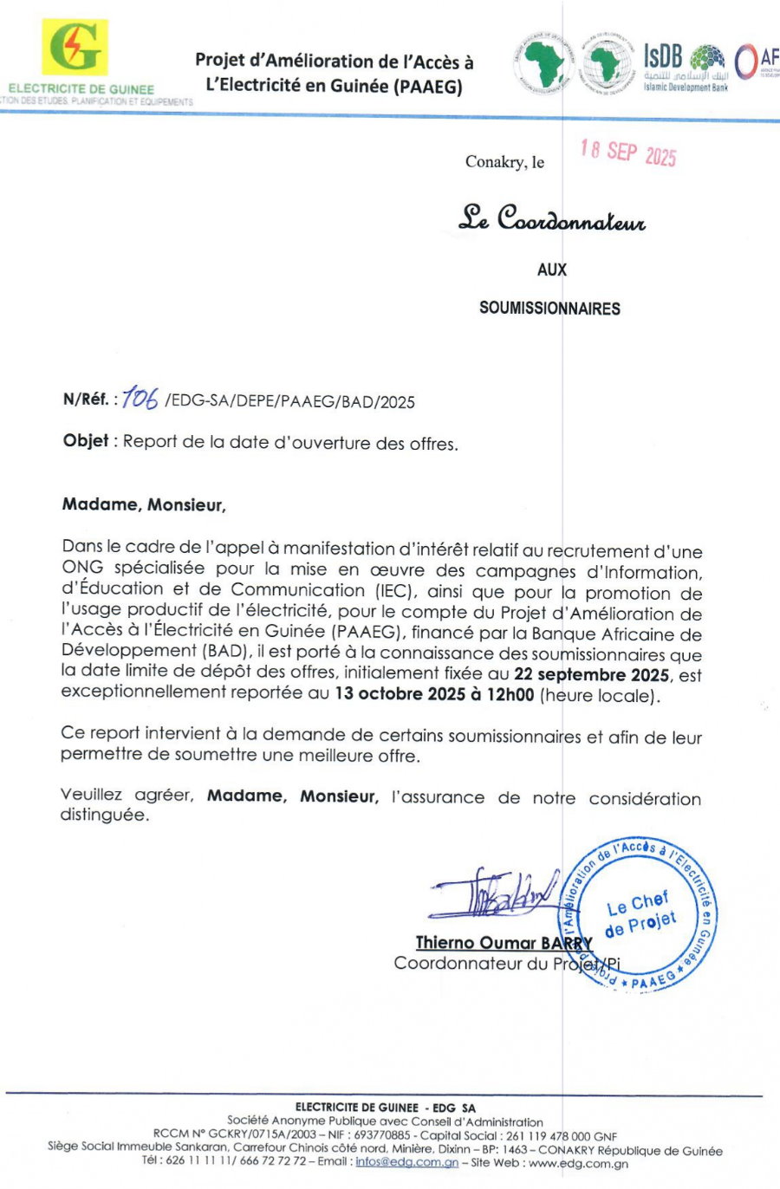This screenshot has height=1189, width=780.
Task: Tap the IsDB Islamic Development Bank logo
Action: [x=685, y=68]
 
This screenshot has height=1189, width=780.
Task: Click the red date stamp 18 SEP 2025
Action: [x=628, y=153]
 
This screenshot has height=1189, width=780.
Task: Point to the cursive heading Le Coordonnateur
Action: [x=552, y=218]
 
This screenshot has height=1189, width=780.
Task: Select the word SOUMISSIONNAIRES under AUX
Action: [x=549, y=309]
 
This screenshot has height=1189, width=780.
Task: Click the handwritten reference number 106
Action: [x=140, y=398]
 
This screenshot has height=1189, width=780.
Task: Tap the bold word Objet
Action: [x=86, y=440]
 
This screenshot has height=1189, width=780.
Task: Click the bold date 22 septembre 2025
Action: [x=591, y=674]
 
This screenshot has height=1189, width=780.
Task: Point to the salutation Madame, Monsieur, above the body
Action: [x=144, y=504]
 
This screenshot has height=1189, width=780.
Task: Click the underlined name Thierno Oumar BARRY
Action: [x=504, y=943]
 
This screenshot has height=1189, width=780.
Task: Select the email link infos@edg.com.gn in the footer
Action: [x=406, y=1162]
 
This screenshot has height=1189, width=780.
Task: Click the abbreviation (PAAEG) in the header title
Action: [x=428, y=87]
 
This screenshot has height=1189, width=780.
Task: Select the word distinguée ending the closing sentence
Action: [x=104, y=815]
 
